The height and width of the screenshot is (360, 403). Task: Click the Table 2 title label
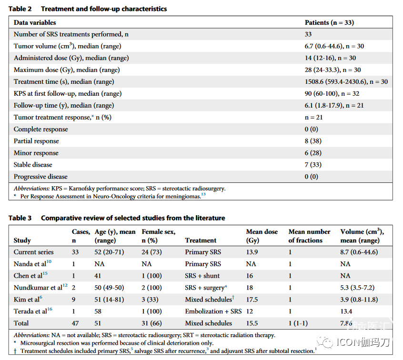click(x=20, y=9)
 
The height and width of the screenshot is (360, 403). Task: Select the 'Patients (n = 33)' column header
click(x=329, y=22)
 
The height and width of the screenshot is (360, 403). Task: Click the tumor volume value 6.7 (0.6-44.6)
click(x=324, y=46)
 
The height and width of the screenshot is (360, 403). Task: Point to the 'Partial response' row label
click(x=36, y=141)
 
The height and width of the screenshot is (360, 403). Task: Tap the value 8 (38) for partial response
click(x=313, y=141)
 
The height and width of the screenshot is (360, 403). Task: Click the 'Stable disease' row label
click(x=33, y=165)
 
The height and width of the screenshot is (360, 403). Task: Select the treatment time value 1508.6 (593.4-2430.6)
click(x=336, y=82)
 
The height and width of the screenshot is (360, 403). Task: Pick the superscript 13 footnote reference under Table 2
click(x=203, y=194)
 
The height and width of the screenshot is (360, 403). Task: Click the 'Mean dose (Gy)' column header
click(x=262, y=236)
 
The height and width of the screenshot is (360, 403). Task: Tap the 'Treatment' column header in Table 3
click(x=201, y=240)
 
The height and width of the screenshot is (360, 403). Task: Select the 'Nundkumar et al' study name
click(x=38, y=288)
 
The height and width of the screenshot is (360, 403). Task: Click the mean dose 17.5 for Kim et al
click(x=252, y=300)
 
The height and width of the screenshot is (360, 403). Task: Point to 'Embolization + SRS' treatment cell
click(x=213, y=311)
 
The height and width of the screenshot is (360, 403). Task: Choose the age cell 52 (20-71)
click(x=109, y=252)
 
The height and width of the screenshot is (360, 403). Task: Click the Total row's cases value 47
click(x=75, y=323)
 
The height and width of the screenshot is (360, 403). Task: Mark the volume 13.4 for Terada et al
click(x=346, y=311)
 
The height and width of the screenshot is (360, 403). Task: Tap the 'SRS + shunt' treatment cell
click(x=202, y=276)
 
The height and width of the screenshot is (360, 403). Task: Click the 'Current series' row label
click(x=34, y=252)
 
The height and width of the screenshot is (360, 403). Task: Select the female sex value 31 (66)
click(x=151, y=323)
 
